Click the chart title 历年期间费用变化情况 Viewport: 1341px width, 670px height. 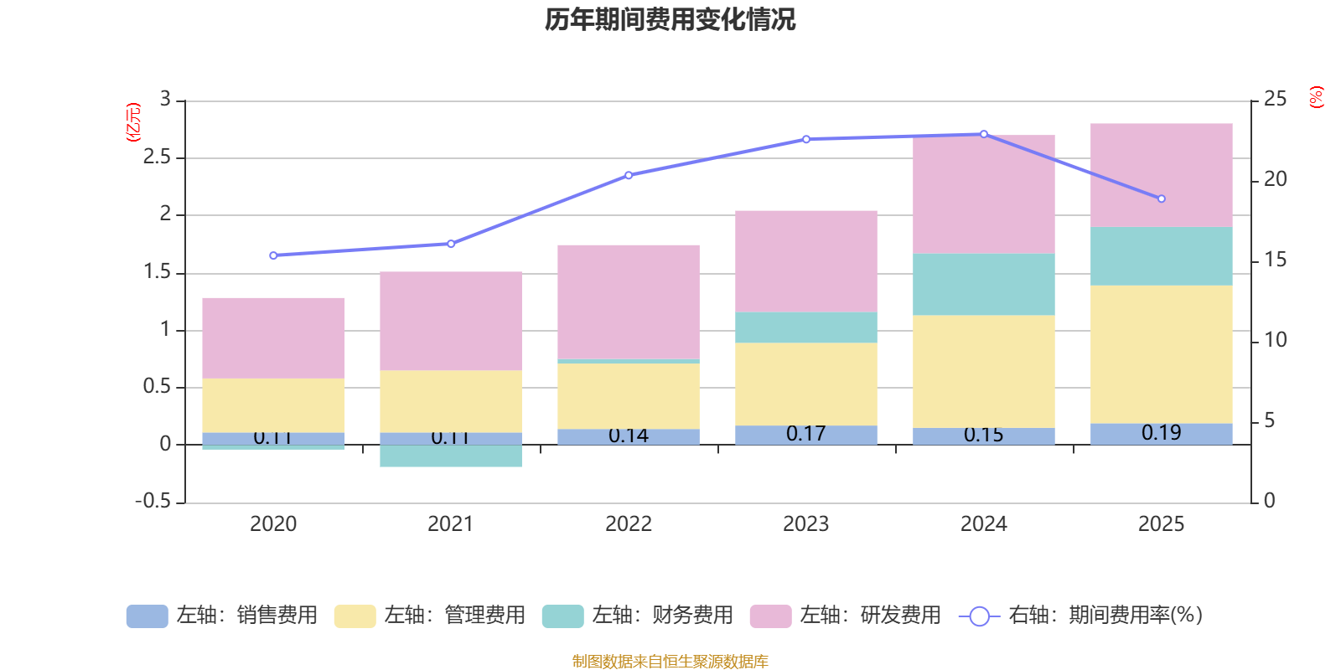(670, 19)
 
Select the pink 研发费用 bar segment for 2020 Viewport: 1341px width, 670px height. (273, 338)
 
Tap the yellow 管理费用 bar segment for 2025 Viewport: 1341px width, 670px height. (1161, 354)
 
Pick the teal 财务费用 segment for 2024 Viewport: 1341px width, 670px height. (983, 284)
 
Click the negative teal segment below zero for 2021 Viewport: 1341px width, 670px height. (450, 456)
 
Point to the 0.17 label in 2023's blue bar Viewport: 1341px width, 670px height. (805, 434)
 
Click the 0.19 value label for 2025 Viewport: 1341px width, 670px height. (1161, 433)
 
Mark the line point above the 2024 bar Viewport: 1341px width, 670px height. (983, 134)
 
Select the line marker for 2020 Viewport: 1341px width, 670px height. (273, 255)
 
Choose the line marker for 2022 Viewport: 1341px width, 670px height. (629, 175)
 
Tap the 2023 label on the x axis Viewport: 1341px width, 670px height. (805, 524)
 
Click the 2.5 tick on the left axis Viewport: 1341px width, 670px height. (157, 157)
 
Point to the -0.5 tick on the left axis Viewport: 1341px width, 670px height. (153, 501)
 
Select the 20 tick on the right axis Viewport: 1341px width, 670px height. (1275, 179)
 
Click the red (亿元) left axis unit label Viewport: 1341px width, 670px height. (132, 122)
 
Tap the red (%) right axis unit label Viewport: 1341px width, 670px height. (1316, 97)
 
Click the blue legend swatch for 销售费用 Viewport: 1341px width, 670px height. (147, 616)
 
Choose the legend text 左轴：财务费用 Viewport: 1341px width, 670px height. (662, 616)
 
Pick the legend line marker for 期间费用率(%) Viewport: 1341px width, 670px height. (978, 616)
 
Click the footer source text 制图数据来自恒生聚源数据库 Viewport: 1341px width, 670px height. (670, 662)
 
